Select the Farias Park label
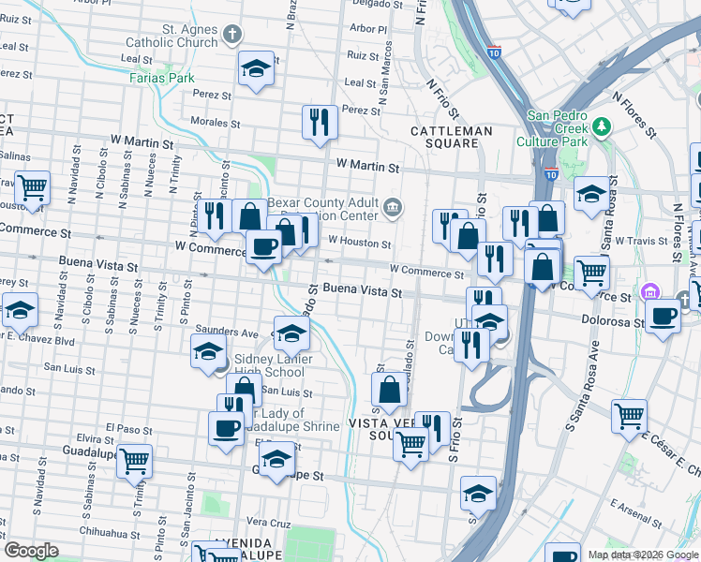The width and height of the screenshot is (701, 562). coord(162,78)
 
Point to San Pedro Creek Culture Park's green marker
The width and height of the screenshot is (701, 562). coord(602,126)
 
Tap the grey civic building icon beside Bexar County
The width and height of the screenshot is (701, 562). coord(393,206)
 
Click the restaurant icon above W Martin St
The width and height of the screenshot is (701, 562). coord(320,122)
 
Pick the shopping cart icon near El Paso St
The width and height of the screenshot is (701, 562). coord(134,460)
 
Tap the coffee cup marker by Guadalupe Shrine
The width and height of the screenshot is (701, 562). coord(226,427)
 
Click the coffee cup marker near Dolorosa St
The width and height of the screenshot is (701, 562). coord(663,317)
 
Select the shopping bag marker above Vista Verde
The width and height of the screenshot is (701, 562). coord(390,388)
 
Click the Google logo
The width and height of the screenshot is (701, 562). coord(31,551)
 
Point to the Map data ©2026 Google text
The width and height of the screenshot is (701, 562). coord(643,555)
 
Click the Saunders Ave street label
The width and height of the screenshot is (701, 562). coord(221,332)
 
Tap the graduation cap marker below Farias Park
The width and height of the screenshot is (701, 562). coord(256,68)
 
